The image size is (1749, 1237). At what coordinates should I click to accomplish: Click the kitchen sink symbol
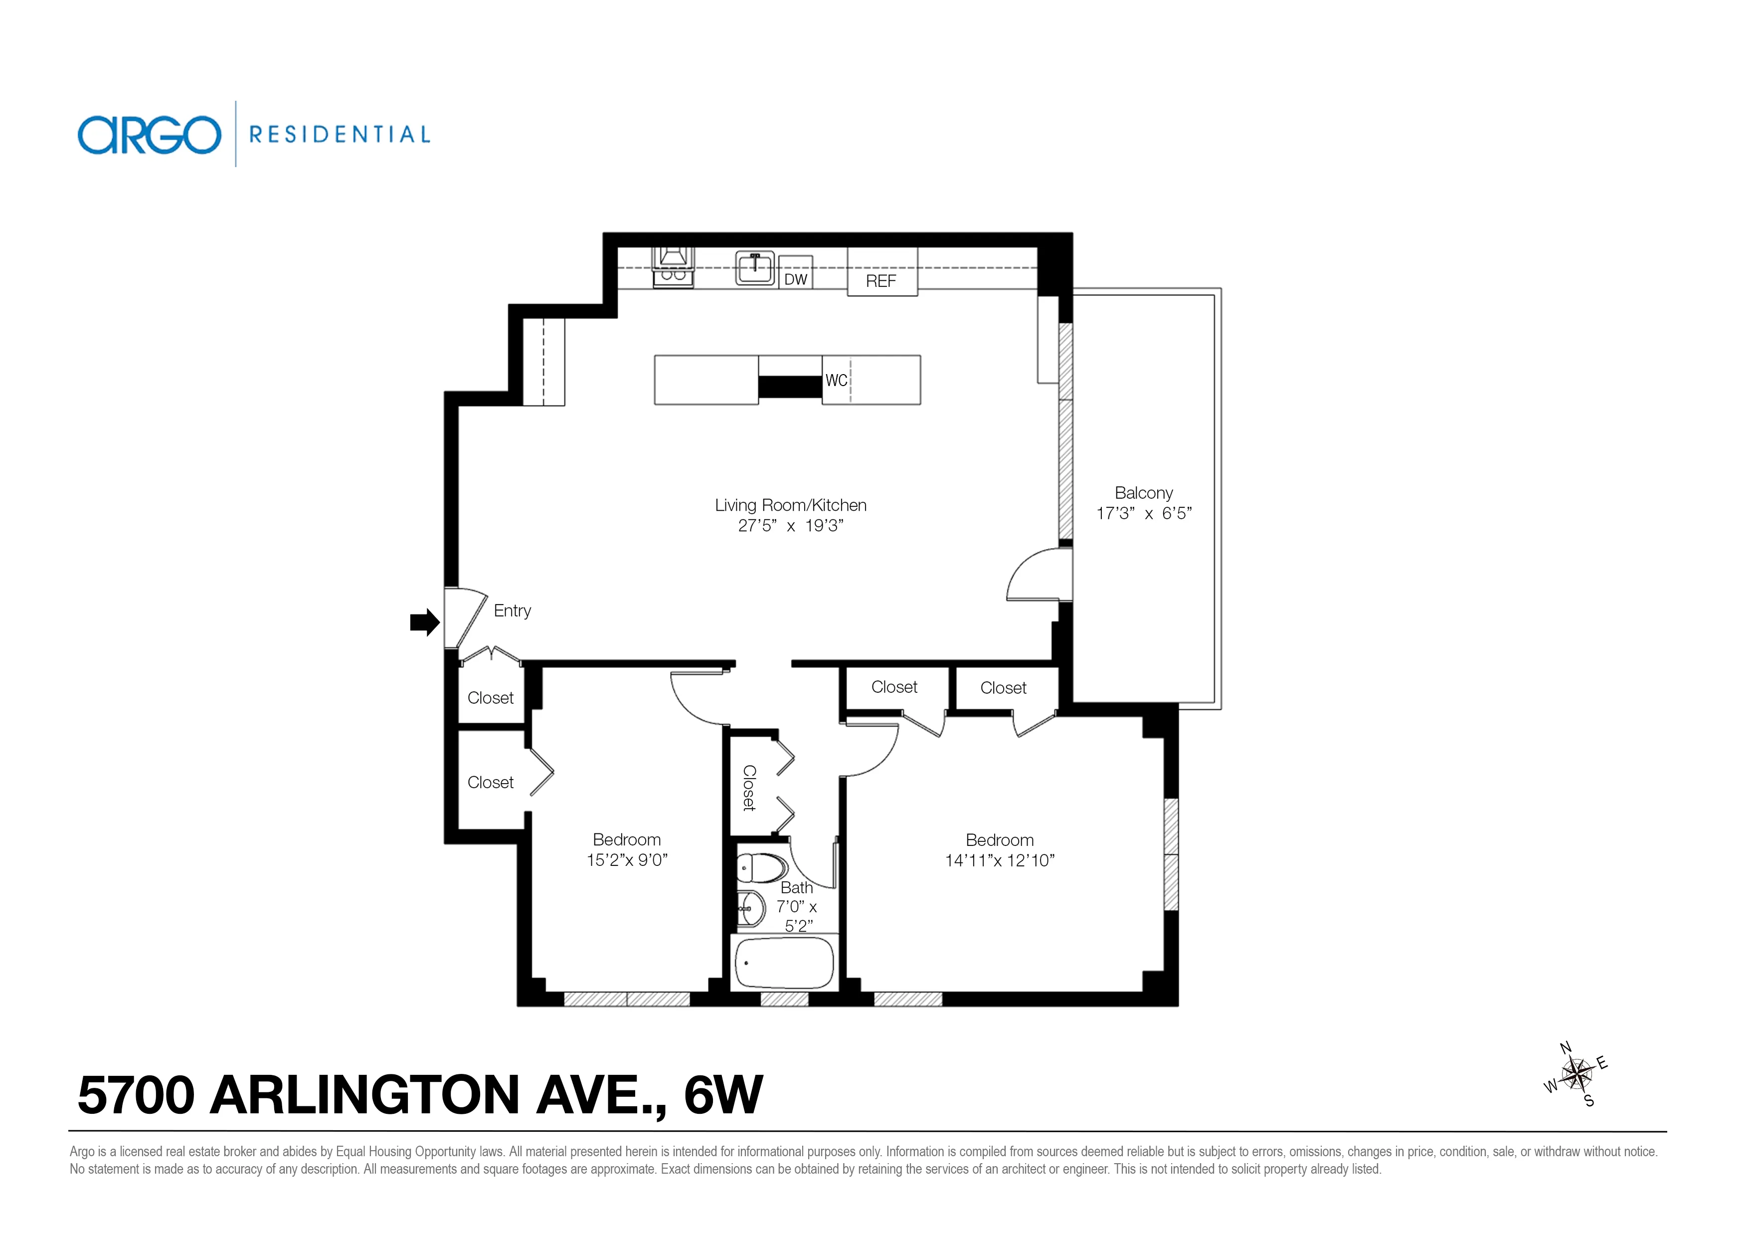[754, 267]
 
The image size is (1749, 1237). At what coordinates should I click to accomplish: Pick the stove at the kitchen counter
[673, 267]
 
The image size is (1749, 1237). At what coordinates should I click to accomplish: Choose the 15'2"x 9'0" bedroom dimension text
[626, 860]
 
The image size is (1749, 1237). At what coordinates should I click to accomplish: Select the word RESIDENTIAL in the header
[340, 135]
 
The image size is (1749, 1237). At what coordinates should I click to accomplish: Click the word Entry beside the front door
[512, 611]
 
